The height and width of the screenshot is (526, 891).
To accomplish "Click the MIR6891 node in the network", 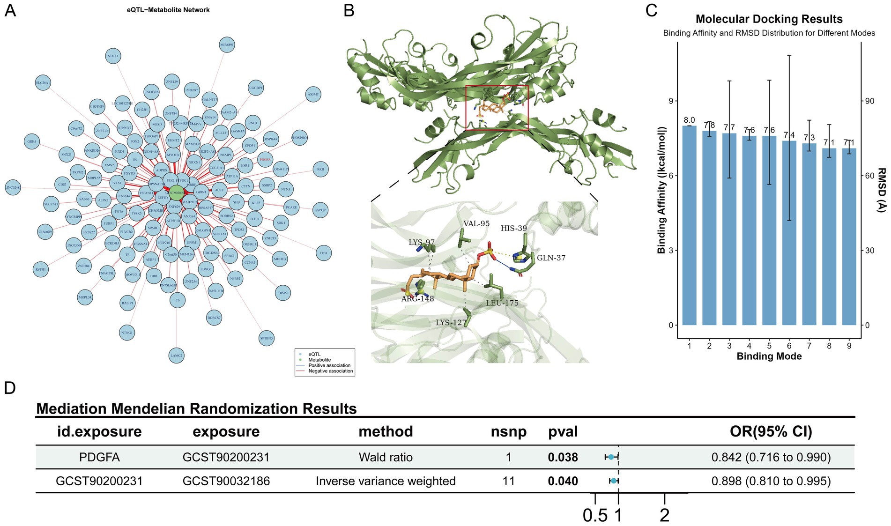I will [227, 45].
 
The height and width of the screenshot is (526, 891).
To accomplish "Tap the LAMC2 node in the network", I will [176, 356].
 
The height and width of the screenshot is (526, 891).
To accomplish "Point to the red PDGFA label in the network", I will [265, 160].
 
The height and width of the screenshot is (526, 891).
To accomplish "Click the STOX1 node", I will [113, 56].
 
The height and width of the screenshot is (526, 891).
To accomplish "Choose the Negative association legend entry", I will [330, 371].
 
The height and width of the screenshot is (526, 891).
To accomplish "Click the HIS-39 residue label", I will [513, 228].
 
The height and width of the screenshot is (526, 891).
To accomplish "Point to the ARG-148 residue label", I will [417, 298].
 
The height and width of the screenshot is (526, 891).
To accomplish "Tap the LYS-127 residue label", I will [451, 322].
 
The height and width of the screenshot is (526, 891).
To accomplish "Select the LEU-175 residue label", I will [502, 303].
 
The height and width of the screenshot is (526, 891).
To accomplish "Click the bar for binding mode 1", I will [689, 225].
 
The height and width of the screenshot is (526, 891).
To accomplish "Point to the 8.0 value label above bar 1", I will [689, 120].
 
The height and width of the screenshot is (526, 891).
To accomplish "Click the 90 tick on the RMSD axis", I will [869, 101].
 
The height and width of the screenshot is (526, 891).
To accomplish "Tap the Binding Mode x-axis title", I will [769, 356].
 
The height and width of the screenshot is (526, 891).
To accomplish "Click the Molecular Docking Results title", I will [769, 19].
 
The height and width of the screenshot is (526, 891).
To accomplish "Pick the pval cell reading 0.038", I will [563, 457].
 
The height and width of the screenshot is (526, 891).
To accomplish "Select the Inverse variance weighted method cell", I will [386, 481].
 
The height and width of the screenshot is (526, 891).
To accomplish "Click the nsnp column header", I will [508, 431].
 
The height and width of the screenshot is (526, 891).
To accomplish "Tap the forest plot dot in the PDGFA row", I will [611, 457].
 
